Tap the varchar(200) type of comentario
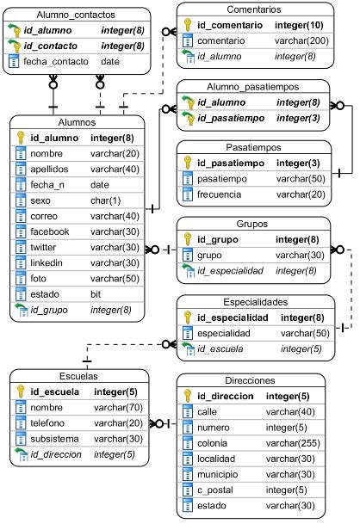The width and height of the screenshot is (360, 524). coord(301,41)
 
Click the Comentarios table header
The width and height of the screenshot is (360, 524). coord(254,9)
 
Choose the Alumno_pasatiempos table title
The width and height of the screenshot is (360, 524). coord(254,88)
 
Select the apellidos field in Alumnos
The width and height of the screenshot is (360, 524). coord(50,170)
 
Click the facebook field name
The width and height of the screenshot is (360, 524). coord(50,231)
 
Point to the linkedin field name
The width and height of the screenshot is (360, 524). coord(48,262)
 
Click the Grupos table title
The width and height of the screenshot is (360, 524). coord(254,224)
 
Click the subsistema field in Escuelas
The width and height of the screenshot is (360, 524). coord(55,438)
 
